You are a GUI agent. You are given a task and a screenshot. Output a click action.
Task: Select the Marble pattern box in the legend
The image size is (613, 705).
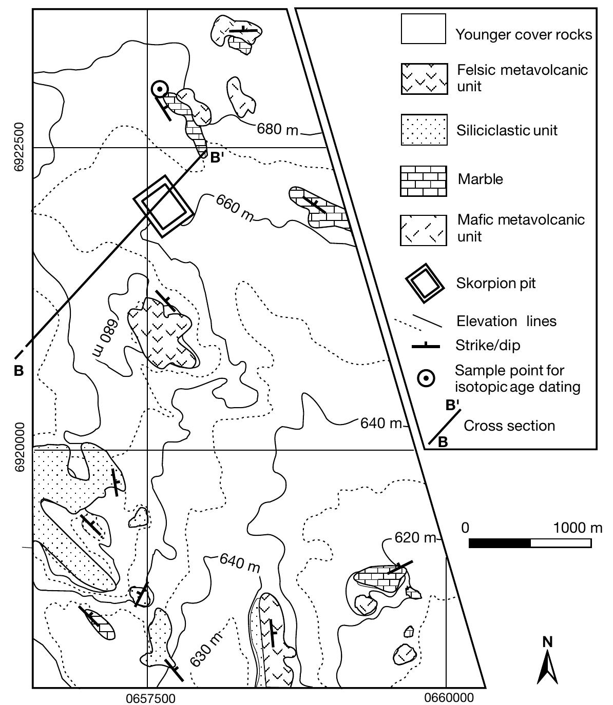pos(423,181)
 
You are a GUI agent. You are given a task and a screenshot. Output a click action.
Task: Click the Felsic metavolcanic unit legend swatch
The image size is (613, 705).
pos(424,79)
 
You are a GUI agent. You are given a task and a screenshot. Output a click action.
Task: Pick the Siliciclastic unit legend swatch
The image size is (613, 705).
pos(424,130)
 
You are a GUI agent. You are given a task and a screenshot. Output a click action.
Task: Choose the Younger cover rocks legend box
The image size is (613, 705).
pos(423,29)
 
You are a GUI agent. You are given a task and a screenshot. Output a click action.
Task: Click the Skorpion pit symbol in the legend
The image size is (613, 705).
pos(424,283)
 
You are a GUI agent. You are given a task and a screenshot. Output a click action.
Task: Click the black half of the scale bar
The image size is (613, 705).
pos(500,543)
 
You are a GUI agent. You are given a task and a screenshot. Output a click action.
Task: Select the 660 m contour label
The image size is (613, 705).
pos(234,207)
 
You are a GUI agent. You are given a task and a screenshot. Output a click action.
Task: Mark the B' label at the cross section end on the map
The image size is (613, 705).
pos(217,157)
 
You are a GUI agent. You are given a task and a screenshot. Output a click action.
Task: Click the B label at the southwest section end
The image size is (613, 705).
pos(18,371)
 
